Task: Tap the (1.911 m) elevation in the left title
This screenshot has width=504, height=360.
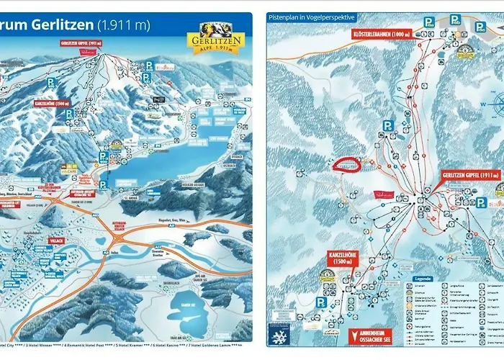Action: (x=125, y=25)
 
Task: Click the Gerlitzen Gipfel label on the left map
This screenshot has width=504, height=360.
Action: (x=81, y=43)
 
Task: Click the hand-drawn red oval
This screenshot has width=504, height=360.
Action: (x=346, y=164)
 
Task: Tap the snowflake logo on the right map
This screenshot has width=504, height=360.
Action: (x=278, y=335)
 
